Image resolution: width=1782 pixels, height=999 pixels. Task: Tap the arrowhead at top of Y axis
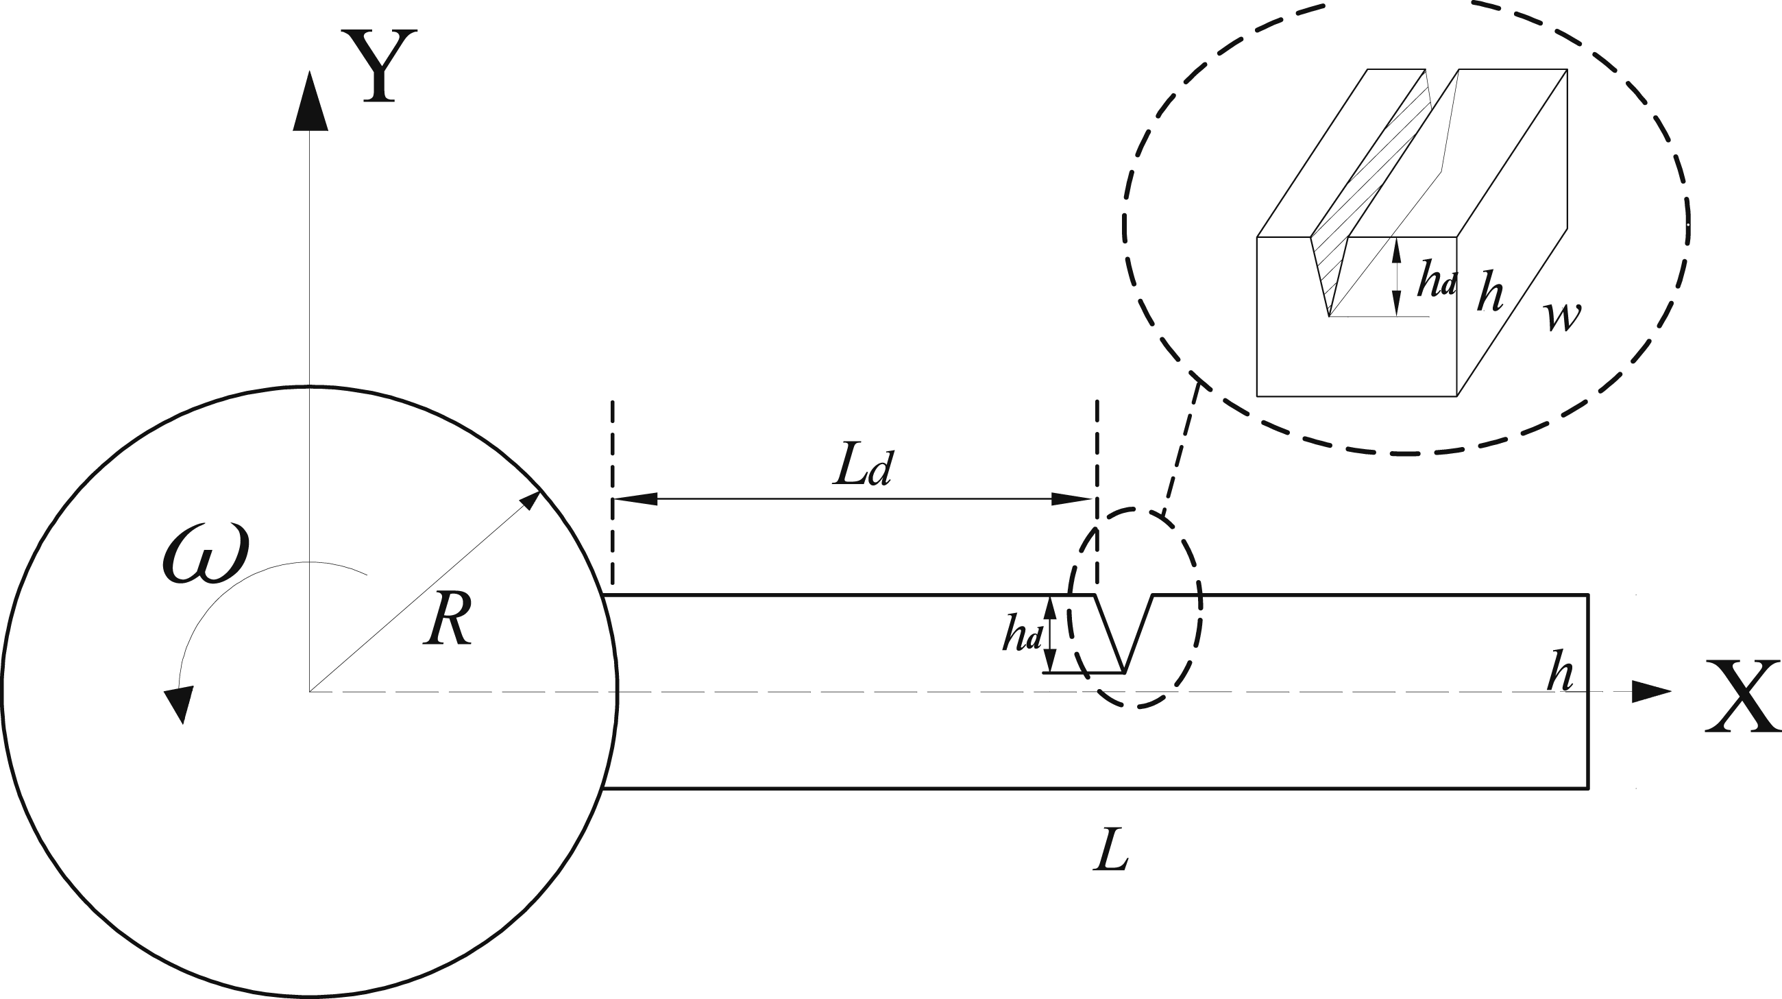310,100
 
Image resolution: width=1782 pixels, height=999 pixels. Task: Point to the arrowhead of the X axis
1651,691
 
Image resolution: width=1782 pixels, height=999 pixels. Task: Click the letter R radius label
448,619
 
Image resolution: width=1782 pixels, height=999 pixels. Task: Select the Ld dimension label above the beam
864,467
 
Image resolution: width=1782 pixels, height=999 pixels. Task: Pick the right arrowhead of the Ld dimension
1071,498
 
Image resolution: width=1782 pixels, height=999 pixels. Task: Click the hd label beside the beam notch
1023,634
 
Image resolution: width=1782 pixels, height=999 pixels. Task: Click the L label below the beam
1111,851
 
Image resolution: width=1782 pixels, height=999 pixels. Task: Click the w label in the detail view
1562,316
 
